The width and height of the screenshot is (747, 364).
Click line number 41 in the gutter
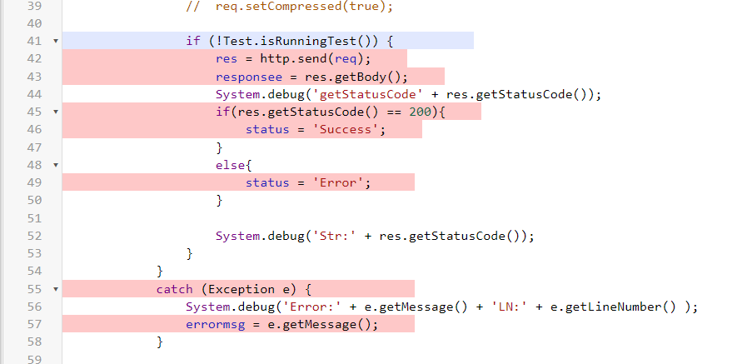pyautogui.click(x=35, y=41)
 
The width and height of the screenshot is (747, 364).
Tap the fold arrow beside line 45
pyautogui.click(x=55, y=112)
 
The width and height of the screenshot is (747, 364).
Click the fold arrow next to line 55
pyautogui.click(x=55, y=289)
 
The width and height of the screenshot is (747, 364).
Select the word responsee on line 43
pyautogui.click(x=246, y=77)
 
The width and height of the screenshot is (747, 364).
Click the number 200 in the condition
pyautogui.click(x=420, y=112)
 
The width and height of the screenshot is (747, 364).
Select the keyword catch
pyautogui.click(x=174, y=289)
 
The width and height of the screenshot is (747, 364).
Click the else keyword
pyautogui.click(x=231, y=165)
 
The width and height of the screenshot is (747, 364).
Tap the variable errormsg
pyautogui.click(x=216, y=325)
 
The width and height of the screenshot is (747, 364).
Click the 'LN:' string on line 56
pyautogui.click(x=508, y=307)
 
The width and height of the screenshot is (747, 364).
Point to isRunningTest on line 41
pyautogui.click(x=308, y=42)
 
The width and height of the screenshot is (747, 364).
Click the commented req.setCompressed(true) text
pyautogui.click(x=304, y=7)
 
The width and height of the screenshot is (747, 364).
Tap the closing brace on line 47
pyautogui.click(x=219, y=147)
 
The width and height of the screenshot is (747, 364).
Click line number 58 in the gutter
pyautogui.click(x=35, y=342)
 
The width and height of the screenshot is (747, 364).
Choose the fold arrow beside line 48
pyautogui.click(x=55, y=165)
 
